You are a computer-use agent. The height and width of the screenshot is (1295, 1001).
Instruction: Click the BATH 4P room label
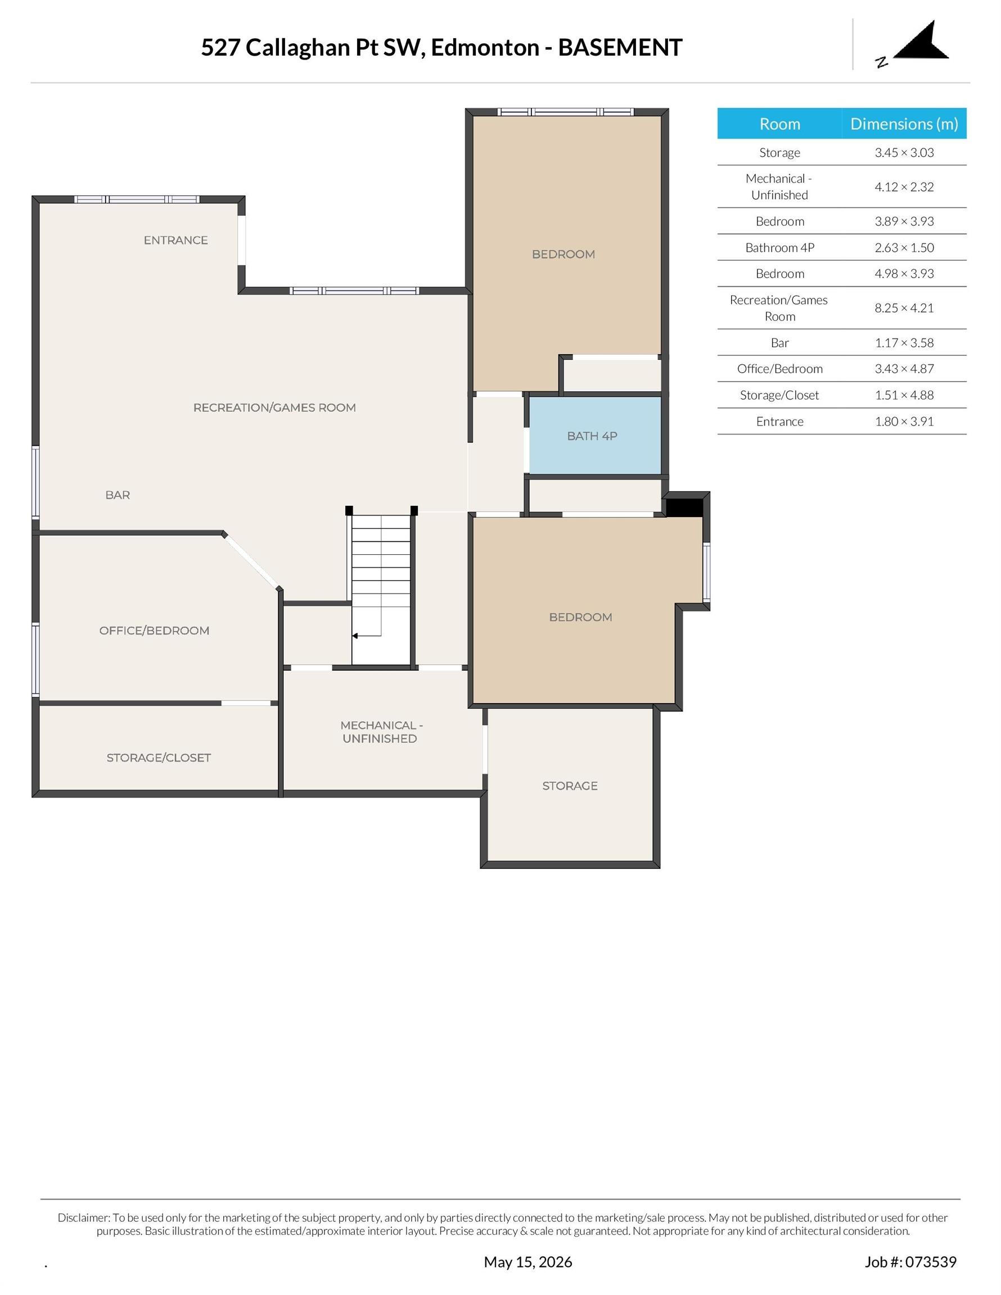[592, 436]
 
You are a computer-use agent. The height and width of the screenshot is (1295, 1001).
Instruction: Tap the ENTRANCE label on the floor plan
[175, 240]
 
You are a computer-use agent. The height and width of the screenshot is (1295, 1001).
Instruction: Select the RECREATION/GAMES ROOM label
[275, 407]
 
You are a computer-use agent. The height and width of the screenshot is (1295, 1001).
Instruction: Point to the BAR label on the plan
[118, 495]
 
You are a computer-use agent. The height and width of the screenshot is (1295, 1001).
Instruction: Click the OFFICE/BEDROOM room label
[154, 630]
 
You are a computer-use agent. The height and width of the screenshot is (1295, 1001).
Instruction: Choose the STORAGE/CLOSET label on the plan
[159, 757]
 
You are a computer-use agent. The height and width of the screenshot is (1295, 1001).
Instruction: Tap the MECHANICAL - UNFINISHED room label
[380, 732]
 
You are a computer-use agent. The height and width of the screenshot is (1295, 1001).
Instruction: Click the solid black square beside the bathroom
[684, 508]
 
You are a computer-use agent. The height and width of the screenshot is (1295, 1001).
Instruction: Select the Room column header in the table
[779, 124]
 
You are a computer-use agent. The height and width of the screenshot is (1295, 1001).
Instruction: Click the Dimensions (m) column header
[904, 124]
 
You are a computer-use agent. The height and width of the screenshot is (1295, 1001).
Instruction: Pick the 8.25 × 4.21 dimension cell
[904, 308]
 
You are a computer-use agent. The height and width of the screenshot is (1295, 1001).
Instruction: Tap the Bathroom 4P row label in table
[779, 248]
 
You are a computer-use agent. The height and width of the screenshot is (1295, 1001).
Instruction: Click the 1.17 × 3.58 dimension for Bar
[904, 343]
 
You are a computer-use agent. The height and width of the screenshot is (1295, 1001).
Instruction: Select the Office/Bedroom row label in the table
[779, 369]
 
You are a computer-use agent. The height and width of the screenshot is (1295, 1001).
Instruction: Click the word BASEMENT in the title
[620, 47]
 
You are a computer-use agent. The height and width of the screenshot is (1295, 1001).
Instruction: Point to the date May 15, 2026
[528, 1262]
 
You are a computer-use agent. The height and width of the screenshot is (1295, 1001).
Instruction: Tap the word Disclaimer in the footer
[84, 1217]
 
